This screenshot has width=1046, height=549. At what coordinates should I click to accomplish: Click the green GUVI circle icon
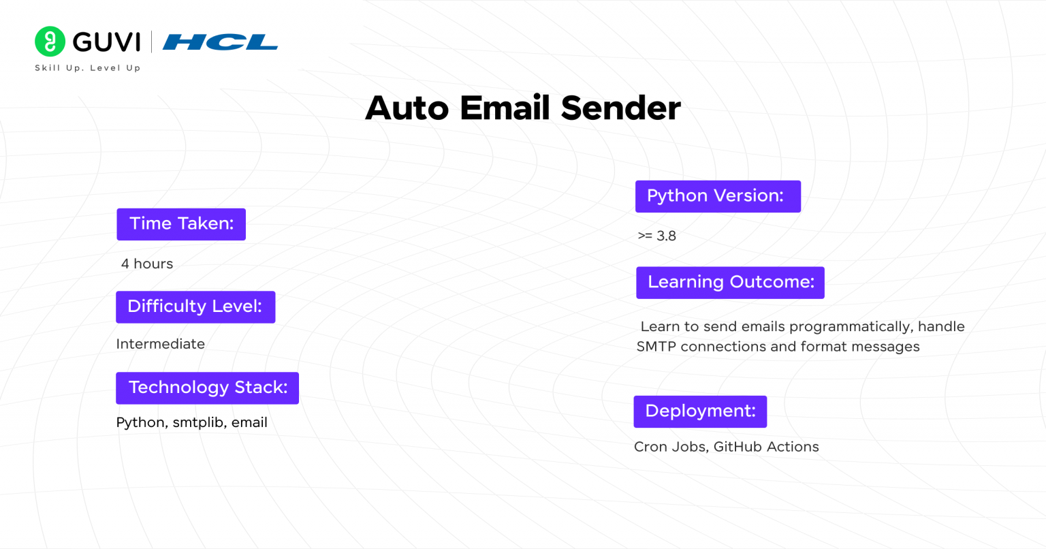pyautogui.click(x=50, y=42)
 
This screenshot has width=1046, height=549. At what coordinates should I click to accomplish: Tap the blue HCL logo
pyautogui.click(x=220, y=43)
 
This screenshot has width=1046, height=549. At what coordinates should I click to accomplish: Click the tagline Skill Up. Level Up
pyautogui.click(x=87, y=68)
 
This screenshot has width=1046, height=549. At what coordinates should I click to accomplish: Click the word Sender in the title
pyautogui.click(x=620, y=108)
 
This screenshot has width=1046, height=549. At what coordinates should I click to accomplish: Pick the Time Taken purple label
pyautogui.click(x=181, y=224)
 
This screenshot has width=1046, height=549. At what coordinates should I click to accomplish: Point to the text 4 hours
pyautogui.click(x=147, y=264)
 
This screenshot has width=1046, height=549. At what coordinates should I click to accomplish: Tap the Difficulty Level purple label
pyautogui.click(x=195, y=307)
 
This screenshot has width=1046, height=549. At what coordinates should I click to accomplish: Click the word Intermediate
pyautogui.click(x=160, y=344)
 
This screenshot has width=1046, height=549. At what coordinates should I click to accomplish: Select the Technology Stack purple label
pyautogui.click(x=207, y=388)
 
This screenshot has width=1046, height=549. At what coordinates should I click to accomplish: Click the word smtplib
pyautogui.click(x=198, y=422)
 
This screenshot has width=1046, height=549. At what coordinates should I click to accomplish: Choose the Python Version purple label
pyautogui.click(x=718, y=196)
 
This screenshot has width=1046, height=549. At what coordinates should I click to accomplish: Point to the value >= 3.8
pyautogui.click(x=656, y=236)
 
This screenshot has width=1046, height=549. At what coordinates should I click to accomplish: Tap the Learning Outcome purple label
pyautogui.click(x=730, y=282)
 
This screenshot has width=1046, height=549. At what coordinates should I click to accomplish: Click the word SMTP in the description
pyautogui.click(x=656, y=347)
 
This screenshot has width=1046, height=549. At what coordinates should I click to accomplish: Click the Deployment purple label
pyautogui.click(x=700, y=411)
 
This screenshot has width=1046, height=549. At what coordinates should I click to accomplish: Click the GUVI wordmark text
pyautogui.click(x=106, y=42)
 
